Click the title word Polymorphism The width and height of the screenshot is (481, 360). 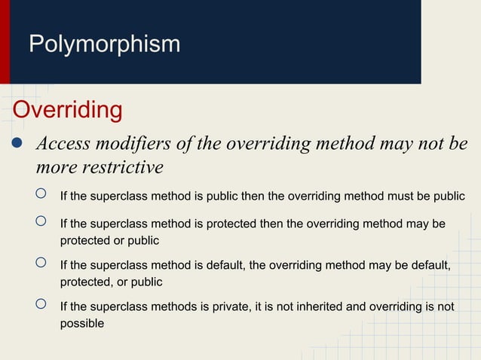coord(104,44)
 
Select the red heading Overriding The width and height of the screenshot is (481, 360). coord(67,110)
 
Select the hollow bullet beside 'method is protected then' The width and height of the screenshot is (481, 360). coord(42,223)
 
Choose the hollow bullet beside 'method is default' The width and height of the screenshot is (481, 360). coord(42,264)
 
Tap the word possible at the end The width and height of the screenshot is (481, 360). coord(81,324)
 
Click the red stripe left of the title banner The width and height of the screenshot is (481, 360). coord(5,41)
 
